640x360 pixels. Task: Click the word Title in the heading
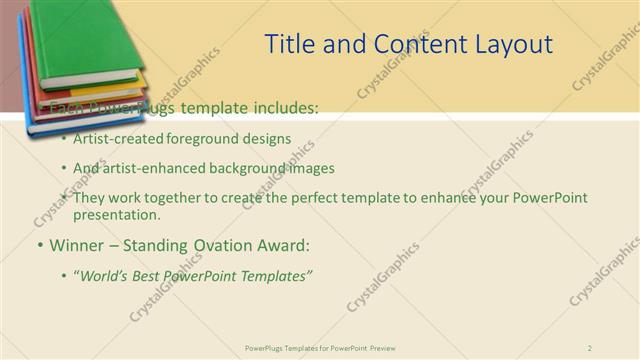288,45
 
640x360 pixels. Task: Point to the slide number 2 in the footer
590,347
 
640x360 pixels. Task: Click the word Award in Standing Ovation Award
281,245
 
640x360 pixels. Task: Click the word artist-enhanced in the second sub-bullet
150,169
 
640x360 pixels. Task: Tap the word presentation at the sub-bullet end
115,214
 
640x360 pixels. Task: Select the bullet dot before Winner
39,245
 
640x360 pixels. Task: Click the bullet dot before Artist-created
65,139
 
